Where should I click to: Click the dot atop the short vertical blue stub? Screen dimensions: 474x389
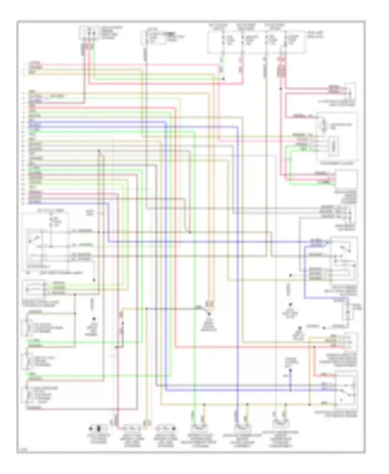pyautogui.click(x=290, y=371)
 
